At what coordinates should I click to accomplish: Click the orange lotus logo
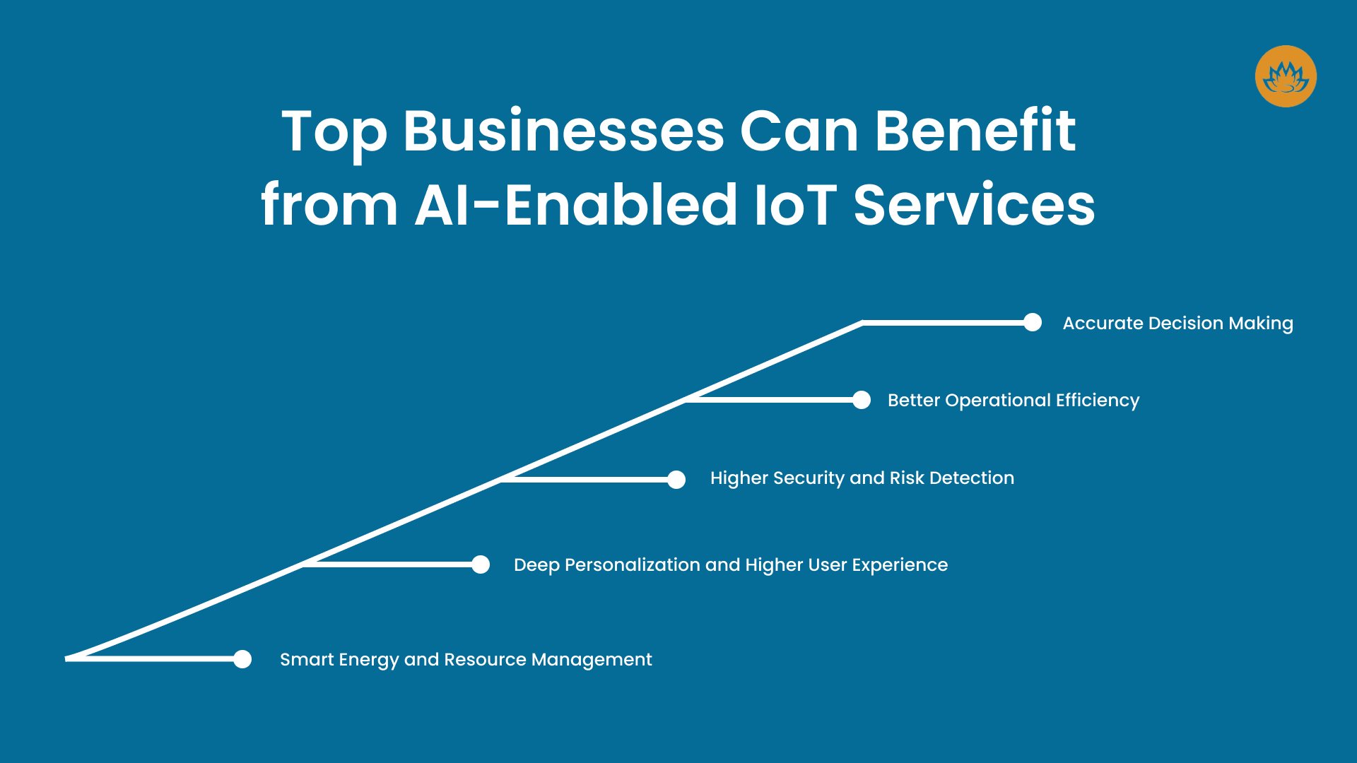(1285, 76)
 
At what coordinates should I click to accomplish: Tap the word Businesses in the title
(563, 131)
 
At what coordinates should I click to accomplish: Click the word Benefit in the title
(975, 131)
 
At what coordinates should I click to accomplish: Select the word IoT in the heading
(795, 205)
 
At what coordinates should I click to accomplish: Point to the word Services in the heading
(974, 205)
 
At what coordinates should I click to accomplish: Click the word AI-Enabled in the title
(576, 205)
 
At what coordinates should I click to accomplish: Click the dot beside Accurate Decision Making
(1033, 323)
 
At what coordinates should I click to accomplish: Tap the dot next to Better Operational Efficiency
(862, 400)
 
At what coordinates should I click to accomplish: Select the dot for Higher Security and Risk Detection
(676, 480)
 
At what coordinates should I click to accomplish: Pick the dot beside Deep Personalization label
(481, 564)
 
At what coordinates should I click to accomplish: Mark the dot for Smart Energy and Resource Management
(242, 659)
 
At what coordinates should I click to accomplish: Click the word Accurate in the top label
(1103, 323)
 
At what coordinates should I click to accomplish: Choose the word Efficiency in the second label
(1097, 401)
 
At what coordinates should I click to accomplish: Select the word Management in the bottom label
(591, 660)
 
